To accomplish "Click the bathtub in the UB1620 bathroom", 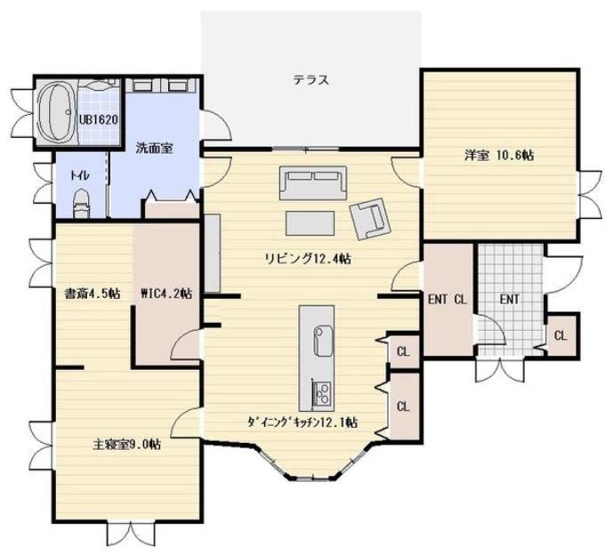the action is (56, 112).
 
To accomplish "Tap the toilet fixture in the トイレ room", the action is (82, 203).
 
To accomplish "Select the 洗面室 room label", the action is (155, 149).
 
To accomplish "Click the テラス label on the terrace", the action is (311, 80).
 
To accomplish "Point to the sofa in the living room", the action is (313, 182).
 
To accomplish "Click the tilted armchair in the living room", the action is (369, 219).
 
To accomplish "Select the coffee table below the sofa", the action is (311, 223).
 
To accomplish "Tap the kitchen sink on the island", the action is (323, 341).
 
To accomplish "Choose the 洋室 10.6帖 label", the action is (499, 156).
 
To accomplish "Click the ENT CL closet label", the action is (448, 300).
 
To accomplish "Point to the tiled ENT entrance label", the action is (510, 300).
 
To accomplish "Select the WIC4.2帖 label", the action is (166, 293).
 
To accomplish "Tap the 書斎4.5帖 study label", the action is (93, 293).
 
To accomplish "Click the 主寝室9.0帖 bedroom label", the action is (126, 445).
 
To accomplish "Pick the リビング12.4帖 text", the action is (308, 259).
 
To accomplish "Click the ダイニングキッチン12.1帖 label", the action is (302, 422).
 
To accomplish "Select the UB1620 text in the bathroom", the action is (99, 120).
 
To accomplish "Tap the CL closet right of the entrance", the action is (561, 335).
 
